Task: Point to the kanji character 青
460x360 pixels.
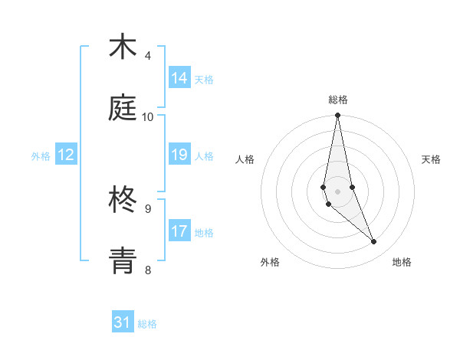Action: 123,260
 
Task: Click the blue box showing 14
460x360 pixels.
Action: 179,78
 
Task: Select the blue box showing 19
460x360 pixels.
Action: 179,155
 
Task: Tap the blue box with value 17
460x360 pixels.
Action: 179,231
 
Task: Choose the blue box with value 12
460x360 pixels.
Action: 66,155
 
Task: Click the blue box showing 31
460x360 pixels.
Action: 123,322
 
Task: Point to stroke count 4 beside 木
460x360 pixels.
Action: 148,56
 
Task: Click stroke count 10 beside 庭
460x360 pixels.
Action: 148,116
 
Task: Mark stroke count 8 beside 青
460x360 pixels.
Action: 148,269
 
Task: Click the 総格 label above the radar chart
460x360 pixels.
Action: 338,100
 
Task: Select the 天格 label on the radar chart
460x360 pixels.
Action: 432,159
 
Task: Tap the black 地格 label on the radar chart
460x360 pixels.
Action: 402,262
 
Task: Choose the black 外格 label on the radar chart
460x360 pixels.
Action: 270,262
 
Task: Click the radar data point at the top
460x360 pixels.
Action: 337,116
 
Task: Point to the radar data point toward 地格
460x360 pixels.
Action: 374,242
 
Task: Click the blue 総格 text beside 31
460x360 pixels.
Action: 147,324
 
